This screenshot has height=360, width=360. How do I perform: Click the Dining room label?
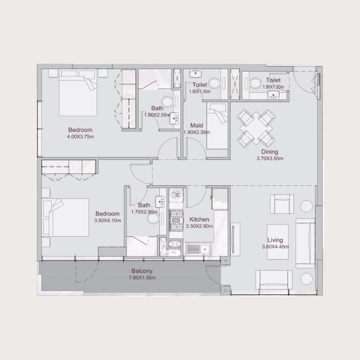270,152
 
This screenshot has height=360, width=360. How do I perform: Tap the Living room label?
275,240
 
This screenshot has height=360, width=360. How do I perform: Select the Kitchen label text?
198,219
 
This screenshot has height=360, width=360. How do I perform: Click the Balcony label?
142,271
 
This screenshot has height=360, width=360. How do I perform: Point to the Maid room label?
196,126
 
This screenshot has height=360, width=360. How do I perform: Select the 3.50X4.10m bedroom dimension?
107,220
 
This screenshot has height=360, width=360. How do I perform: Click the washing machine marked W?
176,195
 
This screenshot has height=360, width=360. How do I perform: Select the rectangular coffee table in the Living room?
279,242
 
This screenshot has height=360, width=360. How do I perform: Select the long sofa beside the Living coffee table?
305,242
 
